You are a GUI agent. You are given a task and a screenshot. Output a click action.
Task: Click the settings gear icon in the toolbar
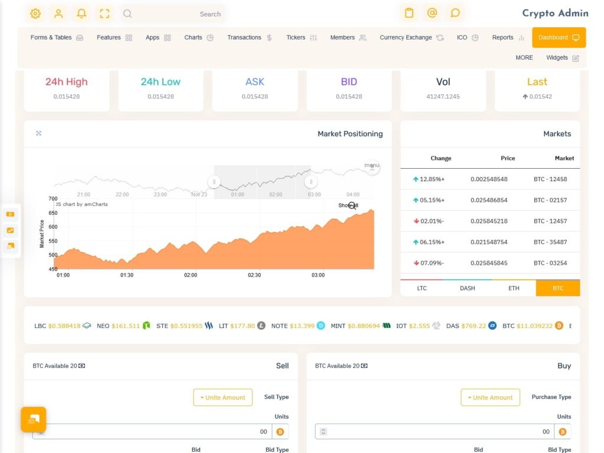tap(35, 14)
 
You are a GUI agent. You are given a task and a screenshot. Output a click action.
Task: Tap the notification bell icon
tap(81, 14)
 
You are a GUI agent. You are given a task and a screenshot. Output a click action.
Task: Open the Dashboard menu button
tap(559, 37)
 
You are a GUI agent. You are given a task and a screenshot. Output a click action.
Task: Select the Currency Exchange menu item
tap(411, 37)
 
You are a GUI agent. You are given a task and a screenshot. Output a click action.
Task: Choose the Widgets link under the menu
tap(562, 58)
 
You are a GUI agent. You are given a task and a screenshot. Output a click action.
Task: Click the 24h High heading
tap(66, 82)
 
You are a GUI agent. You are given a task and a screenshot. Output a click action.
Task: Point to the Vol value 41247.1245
tap(443, 96)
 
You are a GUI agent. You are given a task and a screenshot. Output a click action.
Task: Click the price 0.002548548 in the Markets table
tap(489, 179)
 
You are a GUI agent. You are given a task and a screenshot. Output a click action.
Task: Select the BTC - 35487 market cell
tap(550, 242)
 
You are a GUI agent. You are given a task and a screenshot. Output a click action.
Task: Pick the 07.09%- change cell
tap(429, 263)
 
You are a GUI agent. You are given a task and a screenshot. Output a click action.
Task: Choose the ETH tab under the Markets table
tap(514, 288)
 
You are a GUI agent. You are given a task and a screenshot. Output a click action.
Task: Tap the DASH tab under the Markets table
tap(467, 288)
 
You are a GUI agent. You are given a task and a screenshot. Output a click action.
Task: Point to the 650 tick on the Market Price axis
tap(53, 212)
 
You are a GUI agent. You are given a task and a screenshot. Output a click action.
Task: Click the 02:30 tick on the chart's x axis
tap(254, 275)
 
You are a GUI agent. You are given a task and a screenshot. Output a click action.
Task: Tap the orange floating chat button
tap(34, 419)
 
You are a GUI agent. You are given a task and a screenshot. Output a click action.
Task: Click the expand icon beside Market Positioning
tap(39, 133)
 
